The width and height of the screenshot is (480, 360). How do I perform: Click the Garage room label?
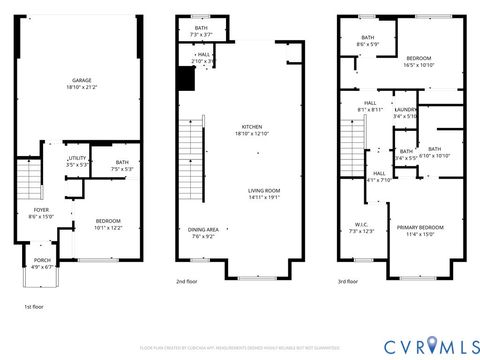[83, 84]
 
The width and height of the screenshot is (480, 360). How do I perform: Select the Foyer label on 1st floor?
[39, 213]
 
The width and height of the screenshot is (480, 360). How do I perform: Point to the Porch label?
[41, 264]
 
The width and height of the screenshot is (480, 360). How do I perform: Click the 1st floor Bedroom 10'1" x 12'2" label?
[108, 224]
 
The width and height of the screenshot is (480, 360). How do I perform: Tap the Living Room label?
[265, 193]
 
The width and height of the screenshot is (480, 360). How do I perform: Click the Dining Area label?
[204, 234]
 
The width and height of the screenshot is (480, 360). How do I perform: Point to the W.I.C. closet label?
[361, 228]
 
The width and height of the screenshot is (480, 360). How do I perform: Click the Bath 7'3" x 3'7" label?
[201, 31]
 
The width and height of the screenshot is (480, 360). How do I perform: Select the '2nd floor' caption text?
[187, 282]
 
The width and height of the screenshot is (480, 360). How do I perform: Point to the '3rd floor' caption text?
[349, 282]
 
